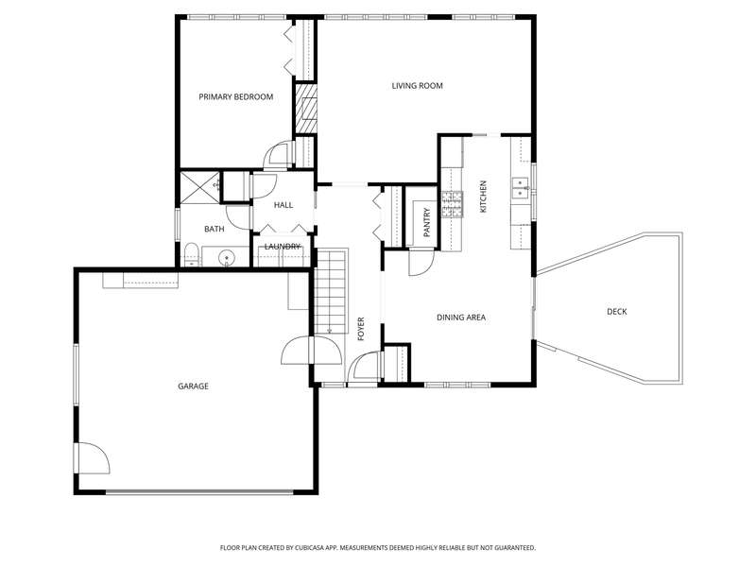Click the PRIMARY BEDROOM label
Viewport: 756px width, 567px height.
click(x=235, y=97)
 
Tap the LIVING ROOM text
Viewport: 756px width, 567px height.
click(x=417, y=86)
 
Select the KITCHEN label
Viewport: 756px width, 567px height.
click(x=483, y=197)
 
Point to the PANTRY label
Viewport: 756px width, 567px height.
click(x=427, y=222)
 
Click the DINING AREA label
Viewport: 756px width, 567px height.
click(x=461, y=318)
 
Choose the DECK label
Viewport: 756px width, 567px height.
click(x=617, y=312)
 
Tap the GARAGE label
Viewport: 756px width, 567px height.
click(x=193, y=387)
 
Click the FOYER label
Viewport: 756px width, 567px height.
click(x=361, y=329)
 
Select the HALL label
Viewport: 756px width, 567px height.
click(x=283, y=205)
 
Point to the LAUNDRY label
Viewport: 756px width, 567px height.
click(x=283, y=247)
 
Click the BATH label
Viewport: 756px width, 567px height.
click(x=215, y=229)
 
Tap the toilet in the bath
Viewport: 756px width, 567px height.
click(x=192, y=255)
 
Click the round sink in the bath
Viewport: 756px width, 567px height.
click(x=226, y=258)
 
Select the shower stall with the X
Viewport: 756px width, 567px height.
click(x=200, y=186)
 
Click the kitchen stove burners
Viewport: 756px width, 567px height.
click(x=453, y=204)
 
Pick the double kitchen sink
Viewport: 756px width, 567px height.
click(x=520, y=188)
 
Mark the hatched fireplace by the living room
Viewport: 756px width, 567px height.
click(x=306, y=109)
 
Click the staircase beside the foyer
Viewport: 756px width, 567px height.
click(x=332, y=291)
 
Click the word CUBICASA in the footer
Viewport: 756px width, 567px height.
click(x=316, y=548)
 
